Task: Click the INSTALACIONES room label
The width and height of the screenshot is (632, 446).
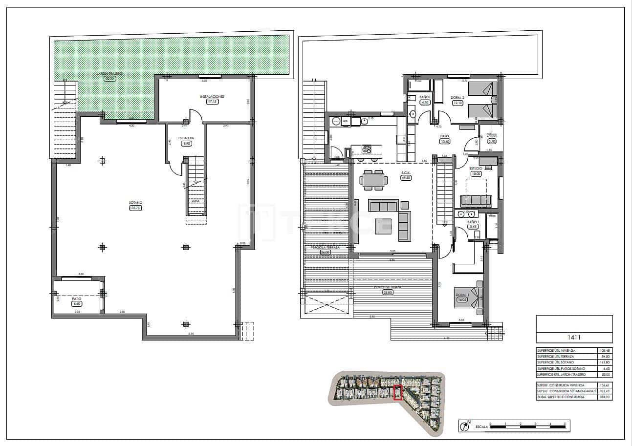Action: click(212, 97)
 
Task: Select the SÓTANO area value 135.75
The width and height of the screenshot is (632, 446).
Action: click(135, 208)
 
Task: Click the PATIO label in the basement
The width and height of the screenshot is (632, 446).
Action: click(77, 298)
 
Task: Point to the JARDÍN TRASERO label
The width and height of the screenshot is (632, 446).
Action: click(109, 73)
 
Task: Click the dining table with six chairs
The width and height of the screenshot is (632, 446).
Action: click(374, 180)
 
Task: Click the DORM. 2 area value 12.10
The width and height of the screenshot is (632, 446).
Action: click(458, 103)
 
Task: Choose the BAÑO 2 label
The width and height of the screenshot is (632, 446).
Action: click(425, 97)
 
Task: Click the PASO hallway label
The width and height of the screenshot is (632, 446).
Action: click(444, 136)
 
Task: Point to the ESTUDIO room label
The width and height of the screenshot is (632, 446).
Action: click(476, 168)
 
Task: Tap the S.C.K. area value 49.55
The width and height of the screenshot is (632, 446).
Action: click(405, 178)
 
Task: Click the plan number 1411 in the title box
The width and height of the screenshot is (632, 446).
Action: click(574, 337)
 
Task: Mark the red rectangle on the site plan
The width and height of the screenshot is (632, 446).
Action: click(398, 393)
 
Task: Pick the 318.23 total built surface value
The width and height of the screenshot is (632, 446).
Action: click(605, 397)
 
